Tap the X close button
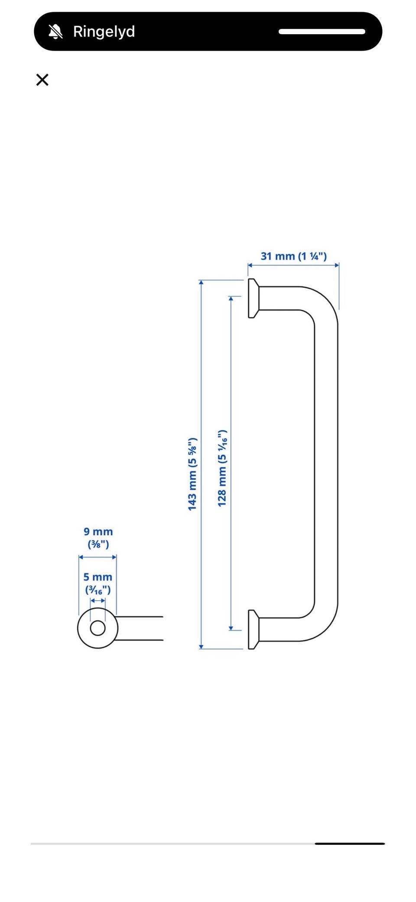(x=42, y=80)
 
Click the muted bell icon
(x=55, y=32)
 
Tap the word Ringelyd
(x=104, y=32)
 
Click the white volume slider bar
(x=322, y=32)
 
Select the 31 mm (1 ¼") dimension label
(x=293, y=256)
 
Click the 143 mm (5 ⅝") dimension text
(x=192, y=474)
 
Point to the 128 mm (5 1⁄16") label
(x=222, y=468)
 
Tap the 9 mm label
(x=98, y=531)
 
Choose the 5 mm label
(x=98, y=577)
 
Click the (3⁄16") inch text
(x=98, y=590)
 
